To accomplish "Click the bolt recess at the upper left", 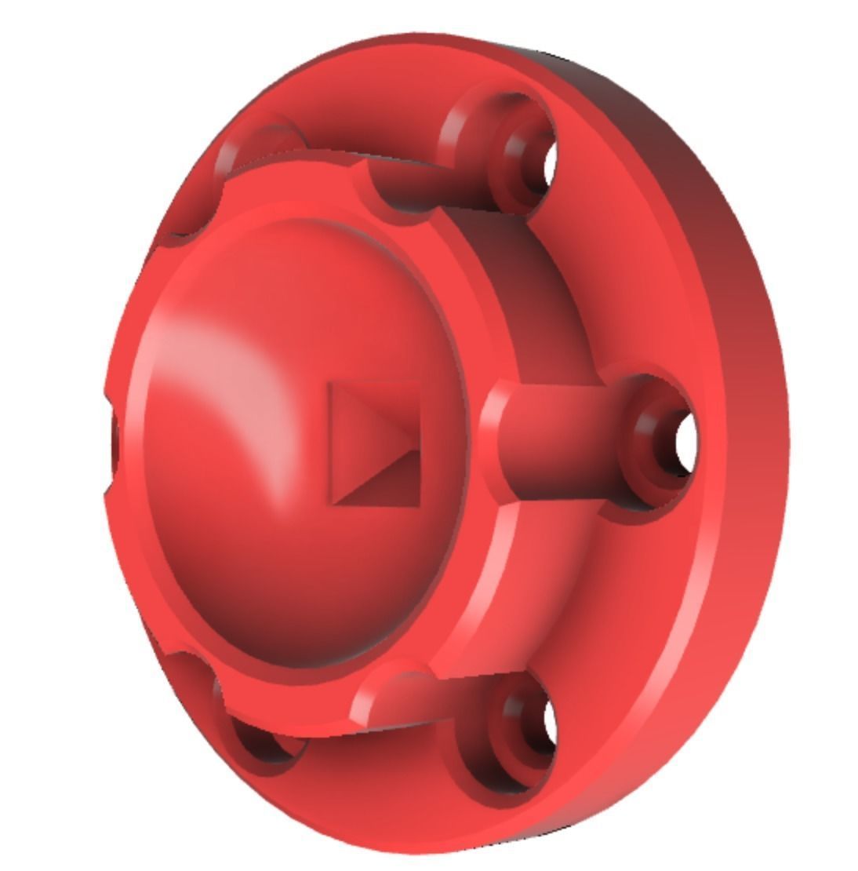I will [x=259, y=145].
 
